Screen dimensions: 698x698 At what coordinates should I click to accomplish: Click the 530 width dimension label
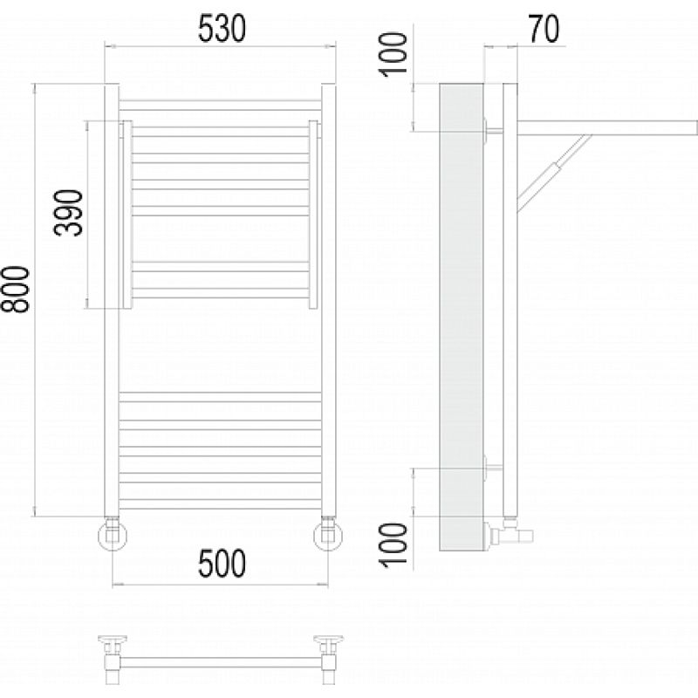pyautogui.click(x=222, y=29)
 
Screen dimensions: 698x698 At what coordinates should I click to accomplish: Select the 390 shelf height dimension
pyautogui.click(x=69, y=213)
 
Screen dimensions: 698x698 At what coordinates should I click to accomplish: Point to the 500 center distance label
pyautogui.click(x=222, y=563)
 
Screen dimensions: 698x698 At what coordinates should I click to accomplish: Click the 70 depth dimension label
pyautogui.click(x=544, y=29)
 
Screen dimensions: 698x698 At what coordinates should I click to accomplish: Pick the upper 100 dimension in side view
pyautogui.click(x=393, y=54)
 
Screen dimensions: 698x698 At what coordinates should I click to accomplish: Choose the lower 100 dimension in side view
pyautogui.click(x=393, y=544)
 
